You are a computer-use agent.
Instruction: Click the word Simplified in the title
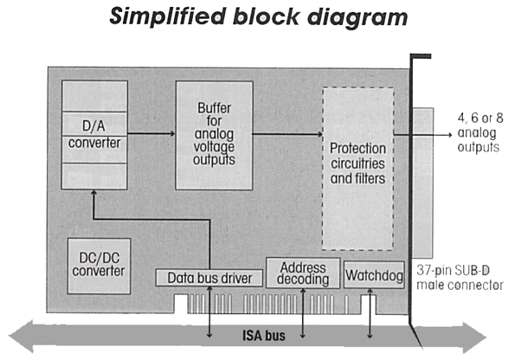coord(168,16)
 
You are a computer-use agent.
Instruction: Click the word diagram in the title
coord(357,17)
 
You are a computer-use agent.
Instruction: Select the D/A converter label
coord(94,135)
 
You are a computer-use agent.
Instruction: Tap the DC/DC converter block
coord(99,266)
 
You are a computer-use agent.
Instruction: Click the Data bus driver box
coord(209,278)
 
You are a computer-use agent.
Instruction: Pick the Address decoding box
coord(303,273)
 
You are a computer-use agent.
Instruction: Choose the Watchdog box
coord(374,275)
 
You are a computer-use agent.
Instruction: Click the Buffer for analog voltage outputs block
coord(214,135)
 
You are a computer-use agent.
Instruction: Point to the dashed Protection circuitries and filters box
coord(358,169)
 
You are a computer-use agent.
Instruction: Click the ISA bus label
coord(264,336)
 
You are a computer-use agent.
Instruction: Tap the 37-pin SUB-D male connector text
coord(460,278)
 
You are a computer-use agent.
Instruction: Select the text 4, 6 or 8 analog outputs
coord(480,132)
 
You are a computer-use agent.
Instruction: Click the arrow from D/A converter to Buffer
coord(151,133)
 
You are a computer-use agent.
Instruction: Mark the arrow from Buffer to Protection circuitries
coord(287,134)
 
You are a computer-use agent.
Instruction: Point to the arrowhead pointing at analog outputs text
coord(449,135)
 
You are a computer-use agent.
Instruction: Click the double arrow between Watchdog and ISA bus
coord(370,313)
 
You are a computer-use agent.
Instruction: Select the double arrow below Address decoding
coord(303,313)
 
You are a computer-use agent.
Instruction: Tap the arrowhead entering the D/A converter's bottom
coord(93,193)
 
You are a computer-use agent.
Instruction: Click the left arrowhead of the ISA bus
coord(21,337)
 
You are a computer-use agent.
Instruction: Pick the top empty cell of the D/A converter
coord(94,96)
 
